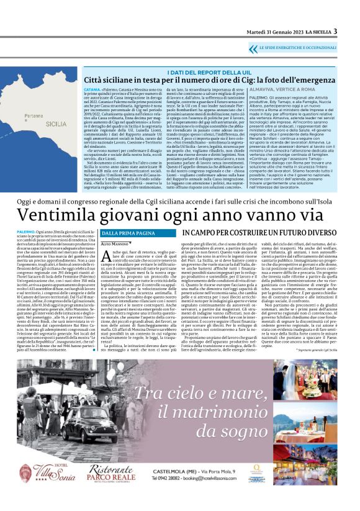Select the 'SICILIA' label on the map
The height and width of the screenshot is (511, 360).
56,124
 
